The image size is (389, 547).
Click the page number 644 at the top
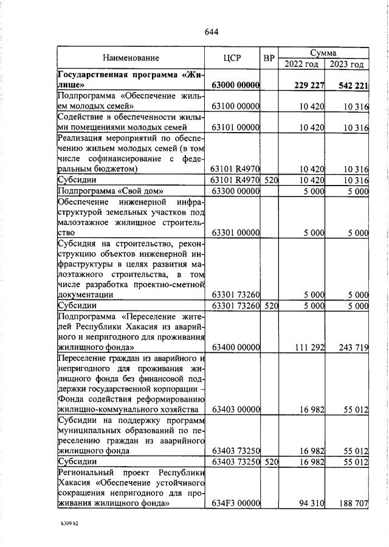212,32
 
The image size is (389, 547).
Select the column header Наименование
131,58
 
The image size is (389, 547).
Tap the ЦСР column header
232,58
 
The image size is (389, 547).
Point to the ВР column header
269,58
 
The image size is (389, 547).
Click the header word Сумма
323,53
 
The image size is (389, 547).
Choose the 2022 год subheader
301,64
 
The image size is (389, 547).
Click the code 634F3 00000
236,503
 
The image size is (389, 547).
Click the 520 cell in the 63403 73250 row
271,462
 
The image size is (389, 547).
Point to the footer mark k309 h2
69,523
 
